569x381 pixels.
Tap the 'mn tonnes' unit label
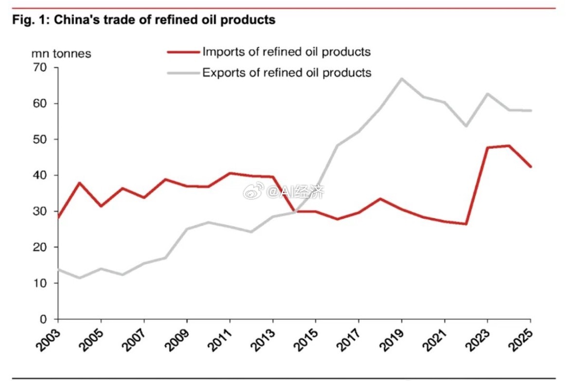[61, 53]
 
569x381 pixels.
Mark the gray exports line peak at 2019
[401, 78]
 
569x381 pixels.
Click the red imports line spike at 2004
[79, 183]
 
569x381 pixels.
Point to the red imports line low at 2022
[466, 224]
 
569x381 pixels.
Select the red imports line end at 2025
[531, 167]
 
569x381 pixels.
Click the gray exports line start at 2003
[58, 269]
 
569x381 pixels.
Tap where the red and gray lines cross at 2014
[294, 211]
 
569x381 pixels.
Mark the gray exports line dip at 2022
[466, 126]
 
